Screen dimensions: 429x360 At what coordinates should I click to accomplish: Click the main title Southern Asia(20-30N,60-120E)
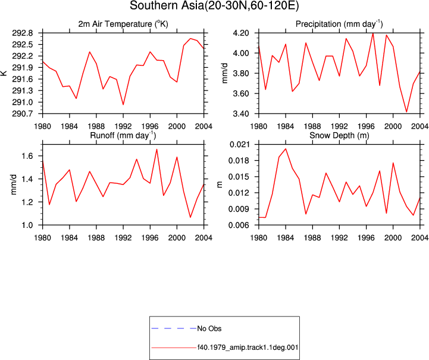pyautogui.click(x=214, y=6)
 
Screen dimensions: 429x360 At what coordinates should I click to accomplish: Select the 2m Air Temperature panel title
pyautogui.click(x=123, y=24)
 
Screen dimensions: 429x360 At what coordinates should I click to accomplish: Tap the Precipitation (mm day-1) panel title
pyautogui.click(x=339, y=24)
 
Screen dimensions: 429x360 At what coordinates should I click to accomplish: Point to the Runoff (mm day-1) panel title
pyautogui.click(x=123, y=136)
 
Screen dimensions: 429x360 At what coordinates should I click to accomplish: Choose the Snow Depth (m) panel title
pyautogui.click(x=339, y=136)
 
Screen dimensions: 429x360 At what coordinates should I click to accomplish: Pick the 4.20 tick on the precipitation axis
pyautogui.click(x=241, y=33)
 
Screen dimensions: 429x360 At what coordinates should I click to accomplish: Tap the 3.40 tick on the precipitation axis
pyautogui.click(x=241, y=114)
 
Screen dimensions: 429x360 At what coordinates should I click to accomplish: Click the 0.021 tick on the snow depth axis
pyautogui.click(x=239, y=145)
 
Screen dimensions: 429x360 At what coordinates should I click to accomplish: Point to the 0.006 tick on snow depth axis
pyautogui.click(x=239, y=225)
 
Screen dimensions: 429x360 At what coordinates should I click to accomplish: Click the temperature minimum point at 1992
pyautogui.click(x=123, y=105)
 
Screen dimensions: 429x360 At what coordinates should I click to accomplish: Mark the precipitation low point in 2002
pyautogui.click(x=406, y=112)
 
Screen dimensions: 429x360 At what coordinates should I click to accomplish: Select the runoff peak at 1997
pyautogui.click(x=156, y=149)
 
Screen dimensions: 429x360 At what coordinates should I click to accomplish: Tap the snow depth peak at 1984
pyautogui.click(x=286, y=149)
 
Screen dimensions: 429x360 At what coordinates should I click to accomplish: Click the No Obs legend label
pyautogui.click(x=209, y=328)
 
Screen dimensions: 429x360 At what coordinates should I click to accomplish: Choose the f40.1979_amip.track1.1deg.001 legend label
pyautogui.click(x=248, y=348)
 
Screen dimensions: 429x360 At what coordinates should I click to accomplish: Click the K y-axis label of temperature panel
pyautogui.click(x=4, y=73)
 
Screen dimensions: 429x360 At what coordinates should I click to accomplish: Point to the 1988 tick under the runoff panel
pyautogui.click(x=96, y=238)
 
